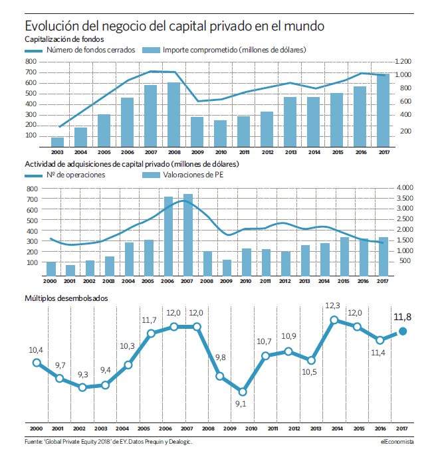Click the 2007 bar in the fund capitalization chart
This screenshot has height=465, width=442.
click(150, 116)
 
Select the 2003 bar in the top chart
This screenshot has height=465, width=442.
click(57, 142)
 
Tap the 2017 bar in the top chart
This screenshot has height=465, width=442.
click(383, 110)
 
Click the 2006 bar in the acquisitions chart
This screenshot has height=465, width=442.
click(168, 236)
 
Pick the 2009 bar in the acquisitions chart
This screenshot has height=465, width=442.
click(227, 268)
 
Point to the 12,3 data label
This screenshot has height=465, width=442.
click(332, 306)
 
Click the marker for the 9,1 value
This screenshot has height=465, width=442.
click(243, 392)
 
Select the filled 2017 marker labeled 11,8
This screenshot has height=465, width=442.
click(403, 331)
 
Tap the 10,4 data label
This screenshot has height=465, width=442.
click(36, 350)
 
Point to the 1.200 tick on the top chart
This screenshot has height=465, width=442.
click(403, 61)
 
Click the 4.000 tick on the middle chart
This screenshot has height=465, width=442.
click(405, 188)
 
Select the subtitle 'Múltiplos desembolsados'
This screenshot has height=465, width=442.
click(66, 298)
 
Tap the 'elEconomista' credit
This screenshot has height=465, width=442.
click(397, 442)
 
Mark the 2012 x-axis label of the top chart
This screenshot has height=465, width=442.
click(267, 152)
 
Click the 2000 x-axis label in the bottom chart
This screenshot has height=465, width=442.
click(36, 428)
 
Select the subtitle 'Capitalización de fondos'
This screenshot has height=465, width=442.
click(64, 39)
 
